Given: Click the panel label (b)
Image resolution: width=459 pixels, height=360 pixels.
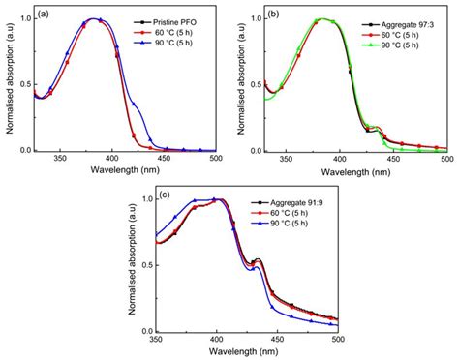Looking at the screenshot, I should point(277,15).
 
